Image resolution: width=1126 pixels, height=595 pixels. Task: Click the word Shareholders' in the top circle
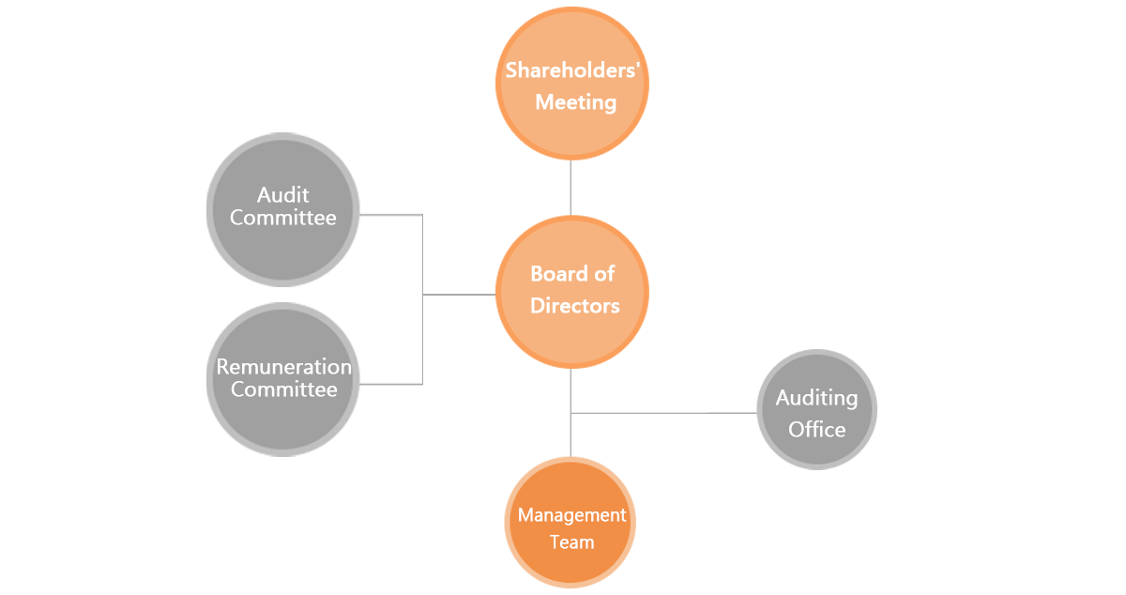coord(573,69)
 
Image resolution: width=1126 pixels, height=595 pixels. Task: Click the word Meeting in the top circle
coord(575,102)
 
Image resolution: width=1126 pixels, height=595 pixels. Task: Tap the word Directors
coord(574,306)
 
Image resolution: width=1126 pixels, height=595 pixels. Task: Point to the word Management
coord(571,515)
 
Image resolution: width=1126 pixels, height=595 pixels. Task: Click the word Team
coord(571,542)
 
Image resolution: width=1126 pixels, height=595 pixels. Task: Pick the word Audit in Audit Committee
coord(282,195)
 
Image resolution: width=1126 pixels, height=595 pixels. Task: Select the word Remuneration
coord(283,367)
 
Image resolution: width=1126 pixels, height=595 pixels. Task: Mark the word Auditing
coord(816,398)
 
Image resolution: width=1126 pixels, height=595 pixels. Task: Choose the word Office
coord(816,430)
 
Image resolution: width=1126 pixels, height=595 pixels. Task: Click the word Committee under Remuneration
coord(283,389)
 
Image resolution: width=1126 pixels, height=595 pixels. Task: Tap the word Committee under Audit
coord(282,218)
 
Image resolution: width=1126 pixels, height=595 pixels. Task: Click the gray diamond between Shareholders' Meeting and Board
coord(569,188)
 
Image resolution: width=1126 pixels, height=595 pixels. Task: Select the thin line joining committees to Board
coord(459,295)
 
